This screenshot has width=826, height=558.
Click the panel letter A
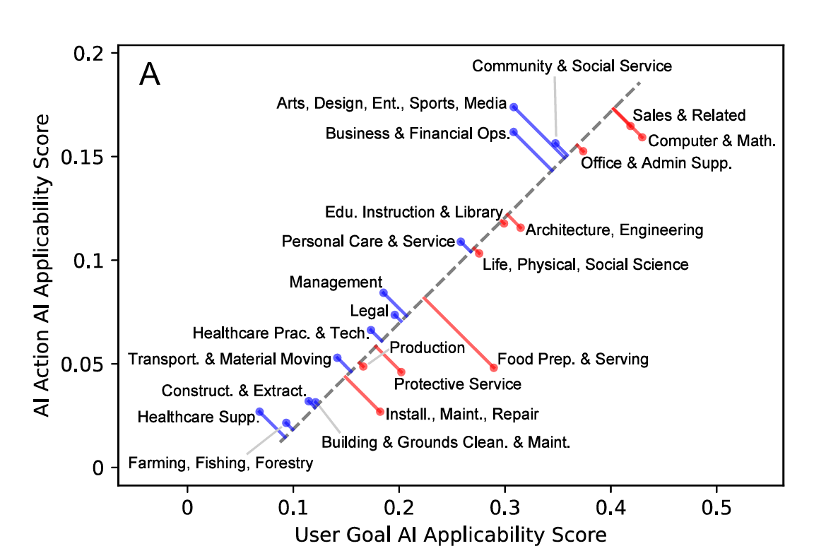(x=149, y=74)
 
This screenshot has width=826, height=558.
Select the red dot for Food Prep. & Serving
(x=494, y=368)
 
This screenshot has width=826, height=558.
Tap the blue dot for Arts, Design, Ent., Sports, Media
(x=514, y=107)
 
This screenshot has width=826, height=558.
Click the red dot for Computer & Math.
(x=642, y=137)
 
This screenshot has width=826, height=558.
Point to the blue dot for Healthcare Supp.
(x=259, y=411)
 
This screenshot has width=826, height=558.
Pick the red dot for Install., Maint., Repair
(x=380, y=411)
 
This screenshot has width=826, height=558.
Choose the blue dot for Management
(x=383, y=292)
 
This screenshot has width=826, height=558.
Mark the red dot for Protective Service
(x=401, y=372)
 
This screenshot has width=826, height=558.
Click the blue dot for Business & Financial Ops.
(x=514, y=132)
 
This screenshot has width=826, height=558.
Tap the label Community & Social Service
(x=572, y=66)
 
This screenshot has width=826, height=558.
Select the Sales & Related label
(x=689, y=115)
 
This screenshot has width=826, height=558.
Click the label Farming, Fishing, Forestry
(x=220, y=463)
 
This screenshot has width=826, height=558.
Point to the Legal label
(x=365, y=311)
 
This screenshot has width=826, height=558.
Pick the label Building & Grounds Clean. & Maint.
(x=445, y=443)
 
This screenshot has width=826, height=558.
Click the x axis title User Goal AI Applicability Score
(x=450, y=535)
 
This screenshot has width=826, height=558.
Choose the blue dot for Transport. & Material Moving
(x=337, y=358)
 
